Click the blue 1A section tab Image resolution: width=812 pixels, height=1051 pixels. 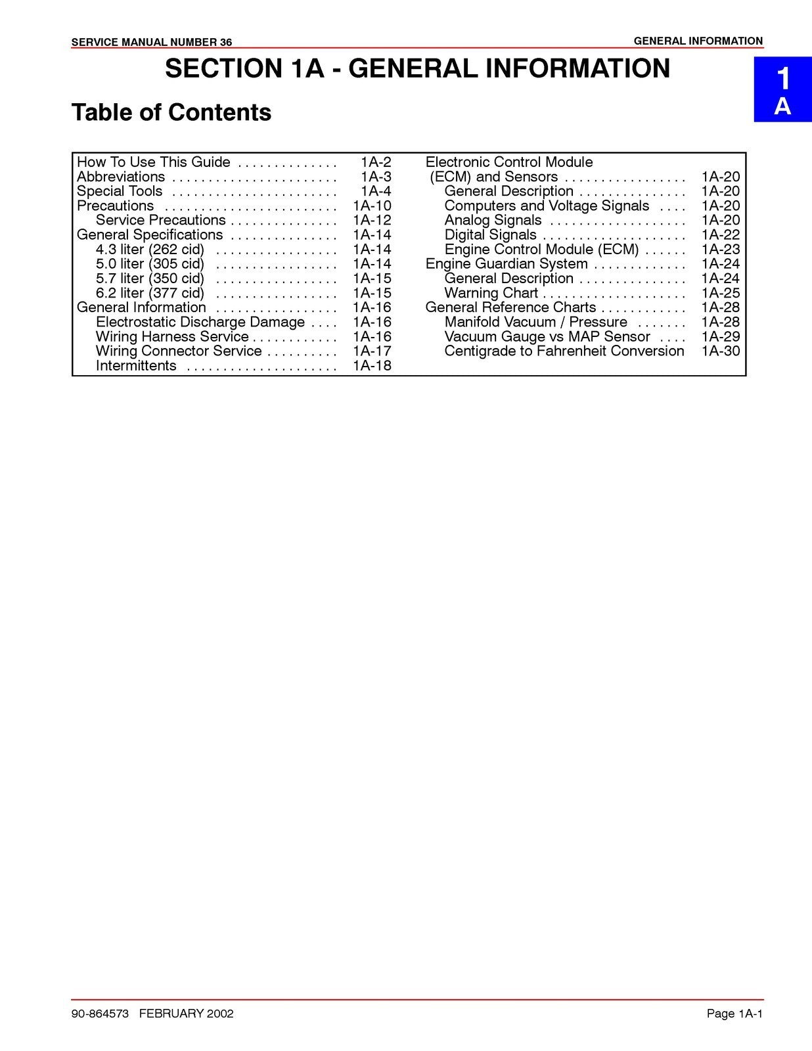pos(782,90)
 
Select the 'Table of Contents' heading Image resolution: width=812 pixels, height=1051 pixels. pos(171,112)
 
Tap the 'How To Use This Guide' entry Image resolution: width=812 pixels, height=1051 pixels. pos(153,162)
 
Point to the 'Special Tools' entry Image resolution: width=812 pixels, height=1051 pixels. pos(120,191)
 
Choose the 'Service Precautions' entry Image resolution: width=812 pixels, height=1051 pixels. pos(160,220)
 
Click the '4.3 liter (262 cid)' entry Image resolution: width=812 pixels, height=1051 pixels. pos(150,250)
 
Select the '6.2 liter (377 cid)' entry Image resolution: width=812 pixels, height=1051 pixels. pos(150,293)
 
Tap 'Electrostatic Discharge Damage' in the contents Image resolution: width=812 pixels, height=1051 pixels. pos(200,322)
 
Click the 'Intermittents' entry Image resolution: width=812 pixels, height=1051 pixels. pos(136,366)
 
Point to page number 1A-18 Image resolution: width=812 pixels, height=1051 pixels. pos(372,366)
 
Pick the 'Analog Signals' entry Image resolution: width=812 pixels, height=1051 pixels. pos(493,220)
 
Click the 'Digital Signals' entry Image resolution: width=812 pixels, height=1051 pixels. pos(490,235)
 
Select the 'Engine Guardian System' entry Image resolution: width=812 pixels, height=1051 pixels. pos(507,264)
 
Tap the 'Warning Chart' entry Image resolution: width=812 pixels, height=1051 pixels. pos(491,293)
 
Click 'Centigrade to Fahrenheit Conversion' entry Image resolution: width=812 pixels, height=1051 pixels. pos(564,351)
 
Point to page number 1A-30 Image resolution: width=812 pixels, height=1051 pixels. pos(720,351)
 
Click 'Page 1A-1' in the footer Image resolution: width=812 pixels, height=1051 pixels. pos(734,1014)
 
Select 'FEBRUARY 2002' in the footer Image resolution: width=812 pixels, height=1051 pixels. pos(186,1014)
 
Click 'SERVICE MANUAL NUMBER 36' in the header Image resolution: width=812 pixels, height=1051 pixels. pos(151,43)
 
